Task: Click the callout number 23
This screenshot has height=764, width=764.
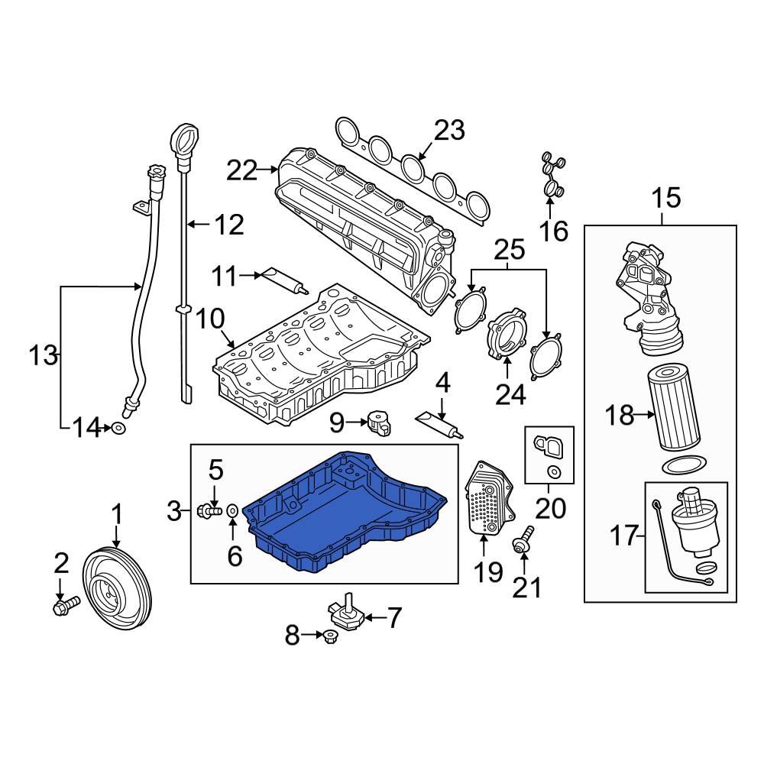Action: click(448, 131)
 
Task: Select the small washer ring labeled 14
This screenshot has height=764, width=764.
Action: click(119, 429)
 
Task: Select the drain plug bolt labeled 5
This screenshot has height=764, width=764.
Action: click(209, 510)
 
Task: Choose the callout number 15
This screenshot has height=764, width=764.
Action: click(665, 199)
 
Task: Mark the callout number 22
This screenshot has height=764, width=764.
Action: click(242, 170)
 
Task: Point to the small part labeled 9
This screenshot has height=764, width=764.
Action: click(379, 419)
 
